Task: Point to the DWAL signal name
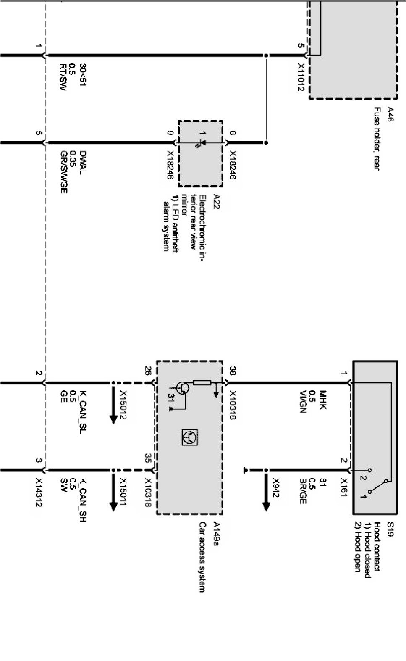83,160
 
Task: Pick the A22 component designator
217,198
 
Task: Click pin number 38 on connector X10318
233,371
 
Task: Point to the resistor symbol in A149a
202,382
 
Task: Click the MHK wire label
323,397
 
